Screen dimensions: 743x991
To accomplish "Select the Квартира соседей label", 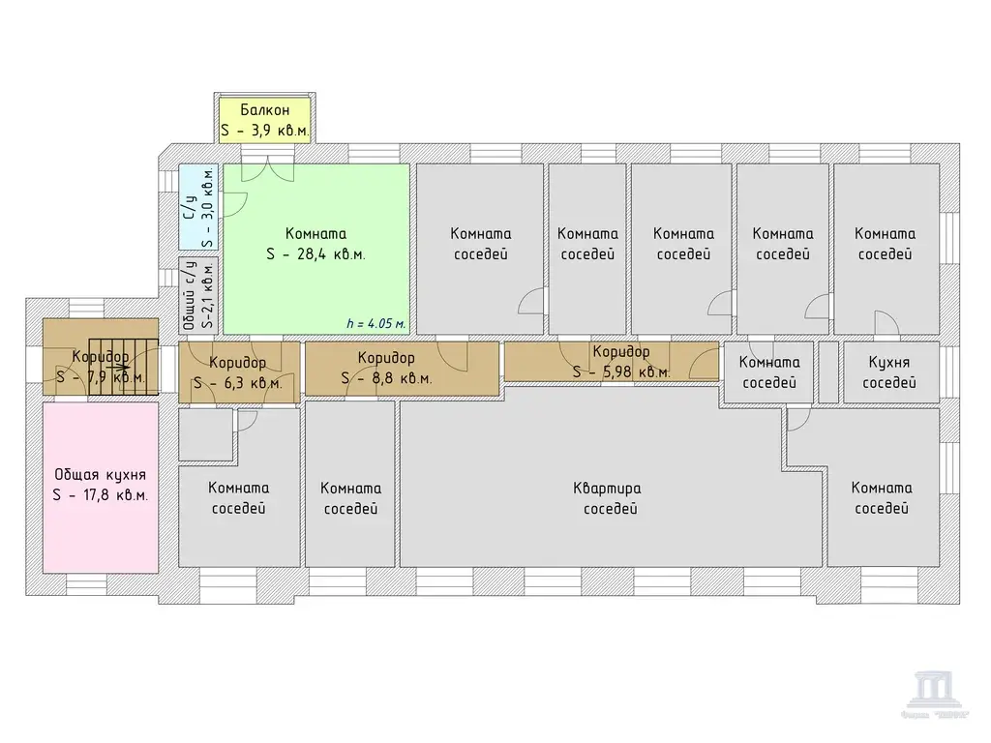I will tap(607, 498).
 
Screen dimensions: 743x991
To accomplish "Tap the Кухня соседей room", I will tap(889, 371).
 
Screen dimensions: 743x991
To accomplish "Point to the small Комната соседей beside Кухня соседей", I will tap(769, 371).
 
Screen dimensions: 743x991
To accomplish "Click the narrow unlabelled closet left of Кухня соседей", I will tap(827, 371).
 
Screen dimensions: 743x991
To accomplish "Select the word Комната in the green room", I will tap(316, 233).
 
